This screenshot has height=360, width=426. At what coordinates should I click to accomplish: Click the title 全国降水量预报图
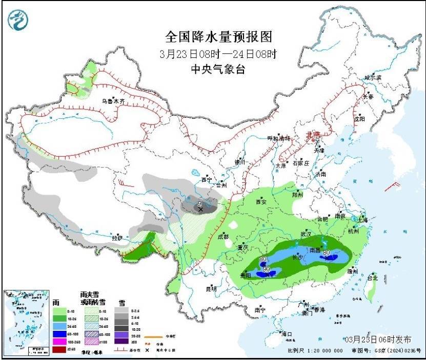pos(218,37)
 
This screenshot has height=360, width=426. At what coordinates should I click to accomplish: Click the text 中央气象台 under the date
pos(218,69)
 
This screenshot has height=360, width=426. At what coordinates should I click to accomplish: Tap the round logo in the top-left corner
pos(18,19)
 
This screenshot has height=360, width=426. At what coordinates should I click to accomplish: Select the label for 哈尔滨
pos(373,77)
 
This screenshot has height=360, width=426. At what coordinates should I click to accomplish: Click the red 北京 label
pos(312,134)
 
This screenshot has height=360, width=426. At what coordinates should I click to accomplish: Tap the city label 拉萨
pos(117,238)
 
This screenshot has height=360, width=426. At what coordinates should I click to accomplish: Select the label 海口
pos(287,334)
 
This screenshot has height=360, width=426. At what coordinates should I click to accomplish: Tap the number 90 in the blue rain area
pos(266,269)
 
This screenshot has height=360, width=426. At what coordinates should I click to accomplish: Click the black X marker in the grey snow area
pos(200,209)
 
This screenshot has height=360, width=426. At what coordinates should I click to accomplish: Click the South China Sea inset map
pos(26,321)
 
